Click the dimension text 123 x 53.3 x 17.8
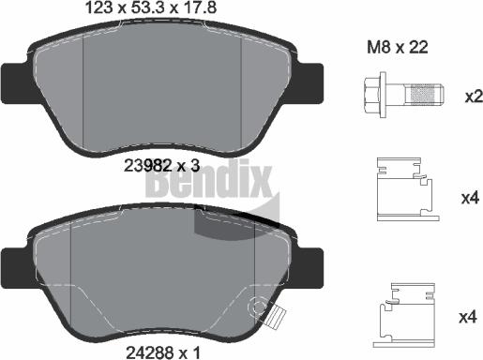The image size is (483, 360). (x=151, y=7)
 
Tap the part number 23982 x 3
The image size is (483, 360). (x=161, y=166)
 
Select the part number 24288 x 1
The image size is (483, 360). (x=163, y=352)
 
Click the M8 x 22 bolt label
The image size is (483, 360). (x=398, y=48)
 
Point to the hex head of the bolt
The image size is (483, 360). (x=371, y=95)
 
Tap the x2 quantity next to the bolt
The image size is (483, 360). (x=474, y=97)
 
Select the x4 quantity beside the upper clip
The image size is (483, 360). (x=471, y=198)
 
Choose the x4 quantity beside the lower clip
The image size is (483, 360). (x=468, y=318)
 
